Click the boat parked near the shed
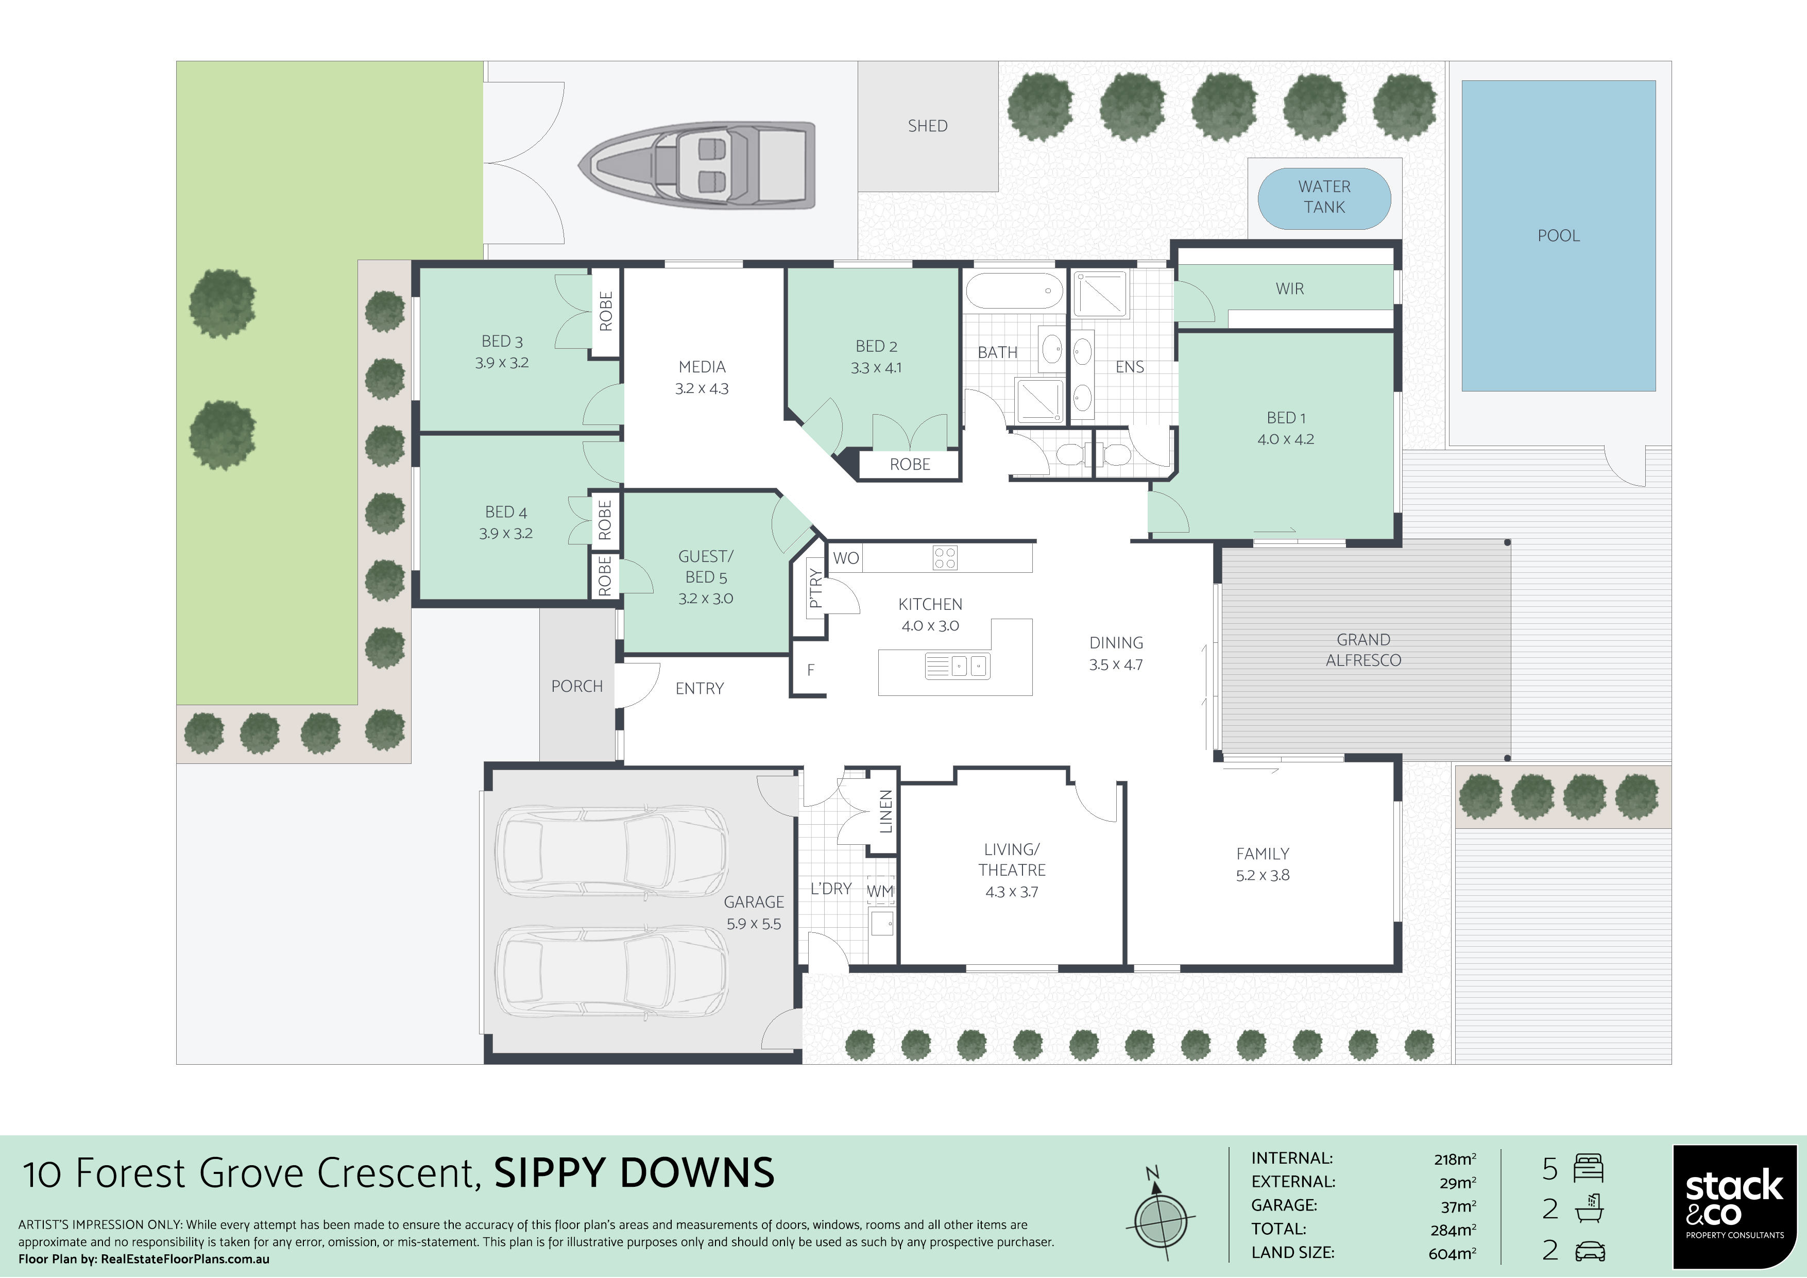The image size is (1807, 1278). pyautogui.click(x=696, y=165)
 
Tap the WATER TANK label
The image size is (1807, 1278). pyautogui.click(x=1324, y=197)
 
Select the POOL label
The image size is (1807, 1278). pyautogui.click(x=1558, y=235)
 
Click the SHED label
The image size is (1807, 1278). pyautogui.click(x=927, y=126)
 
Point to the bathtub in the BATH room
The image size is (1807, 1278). pyautogui.click(x=1014, y=291)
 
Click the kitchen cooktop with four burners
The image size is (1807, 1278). pyautogui.click(x=944, y=558)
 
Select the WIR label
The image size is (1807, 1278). pyautogui.click(x=1290, y=289)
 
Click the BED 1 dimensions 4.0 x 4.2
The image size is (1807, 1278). pyautogui.click(x=1285, y=439)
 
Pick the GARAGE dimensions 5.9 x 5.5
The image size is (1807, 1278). pyautogui.click(x=753, y=924)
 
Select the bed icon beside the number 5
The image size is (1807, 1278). pyautogui.click(x=1588, y=1169)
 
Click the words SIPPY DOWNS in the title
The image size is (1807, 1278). pyautogui.click(x=634, y=1172)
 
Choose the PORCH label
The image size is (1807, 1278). pyautogui.click(x=577, y=686)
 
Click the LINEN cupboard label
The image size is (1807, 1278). pyautogui.click(x=886, y=811)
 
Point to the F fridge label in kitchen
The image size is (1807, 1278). pyautogui.click(x=811, y=671)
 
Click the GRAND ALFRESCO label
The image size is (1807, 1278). pyautogui.click(x=1363, y=650)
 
